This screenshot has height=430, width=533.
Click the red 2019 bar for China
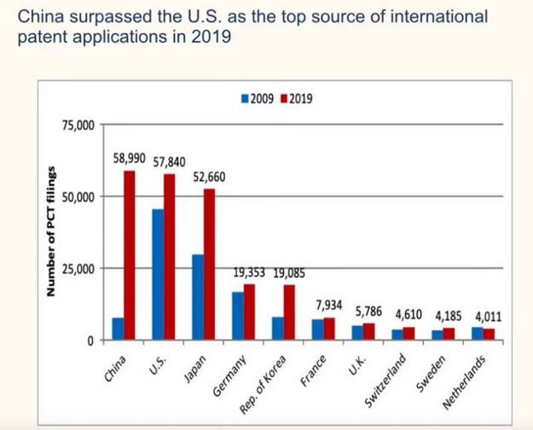point(130,255)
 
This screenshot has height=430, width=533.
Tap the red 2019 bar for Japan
point(210,264)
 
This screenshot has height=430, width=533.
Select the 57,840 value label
point(170,161)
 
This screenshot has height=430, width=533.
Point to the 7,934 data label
point(329,305)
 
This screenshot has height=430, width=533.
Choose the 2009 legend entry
point(258,99)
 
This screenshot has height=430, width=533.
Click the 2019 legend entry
point(296,99)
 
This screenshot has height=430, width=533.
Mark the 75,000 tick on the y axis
point(79,125)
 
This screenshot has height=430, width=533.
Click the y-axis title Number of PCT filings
point(52,232)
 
